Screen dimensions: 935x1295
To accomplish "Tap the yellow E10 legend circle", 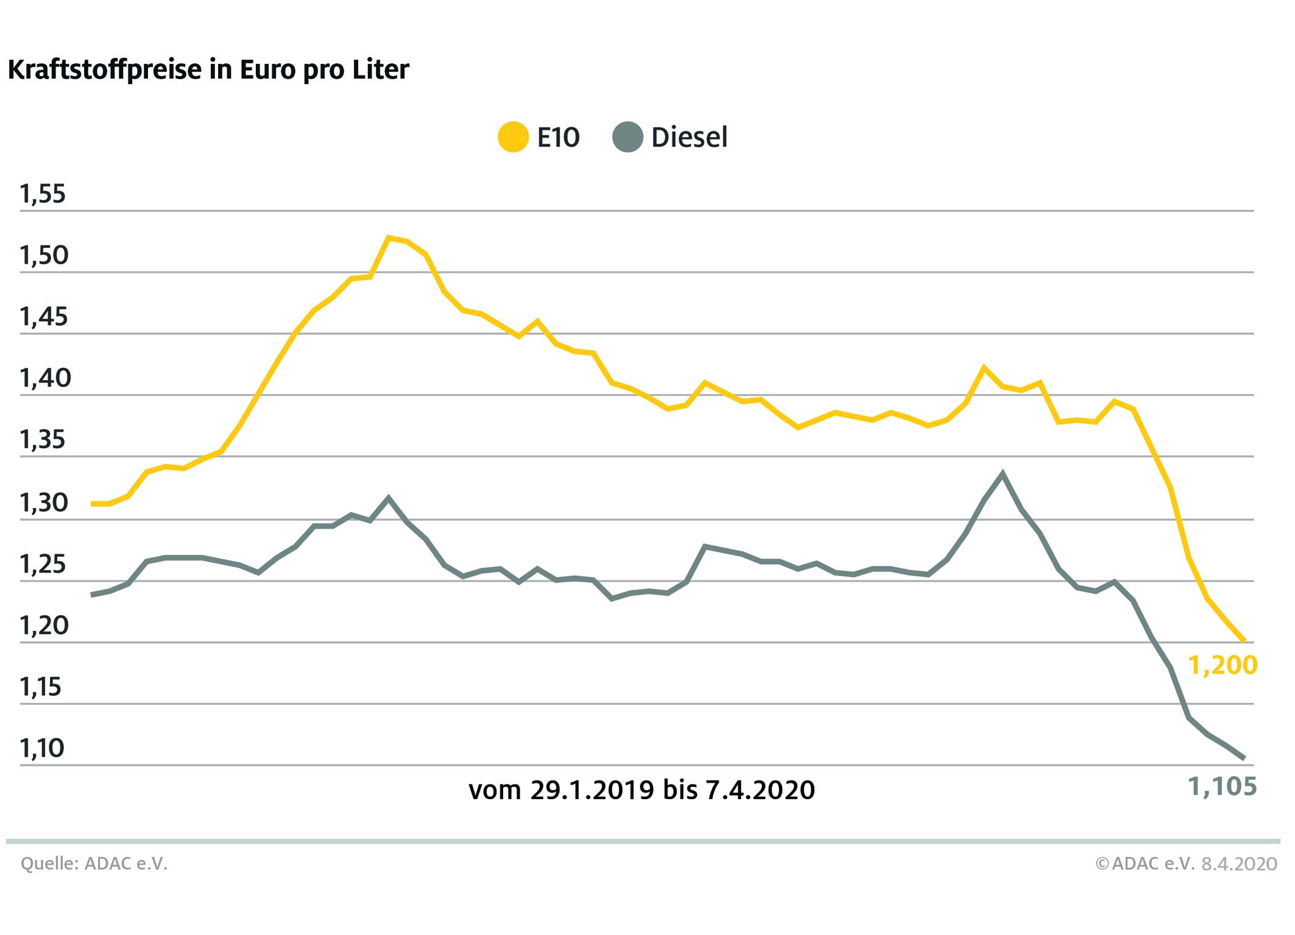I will [513, 137].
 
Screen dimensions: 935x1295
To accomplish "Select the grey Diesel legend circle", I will [627, 137].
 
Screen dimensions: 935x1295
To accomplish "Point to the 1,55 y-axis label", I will [43, 194].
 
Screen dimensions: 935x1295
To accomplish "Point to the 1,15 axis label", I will [43, 688].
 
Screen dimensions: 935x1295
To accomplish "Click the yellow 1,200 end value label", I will [1223, 666].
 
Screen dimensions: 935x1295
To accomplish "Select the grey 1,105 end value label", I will [1223, 788].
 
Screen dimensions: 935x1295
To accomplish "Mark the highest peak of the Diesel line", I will [1002, 473].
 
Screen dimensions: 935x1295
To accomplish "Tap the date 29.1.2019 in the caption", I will [591, 791].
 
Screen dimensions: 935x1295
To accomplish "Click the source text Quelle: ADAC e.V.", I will [94, 864].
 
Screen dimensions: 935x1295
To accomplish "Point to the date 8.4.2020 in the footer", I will [1239, 864].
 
